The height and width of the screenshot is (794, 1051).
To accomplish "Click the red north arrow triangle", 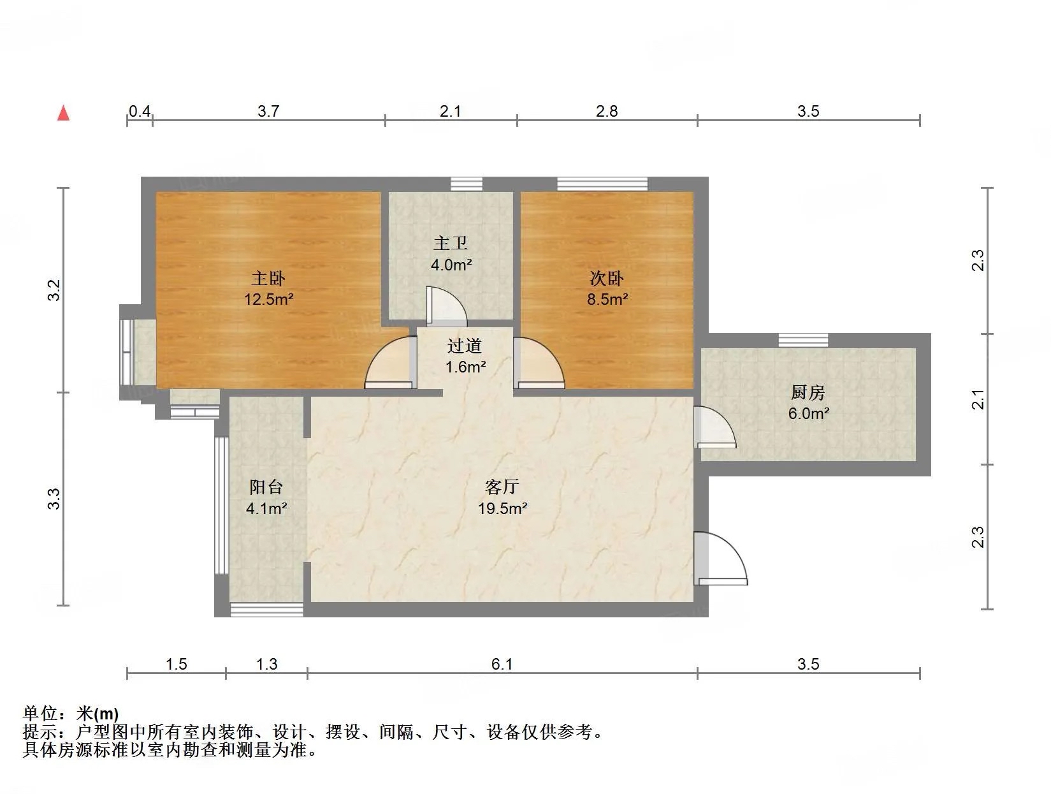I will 63,113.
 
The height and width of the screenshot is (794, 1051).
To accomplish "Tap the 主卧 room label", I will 268,278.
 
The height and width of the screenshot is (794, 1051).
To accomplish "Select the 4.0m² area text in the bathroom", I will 451,265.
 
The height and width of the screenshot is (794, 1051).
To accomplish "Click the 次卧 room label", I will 607,278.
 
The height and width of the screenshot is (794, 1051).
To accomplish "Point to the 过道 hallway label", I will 465,346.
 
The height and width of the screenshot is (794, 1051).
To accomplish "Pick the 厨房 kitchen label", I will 808,392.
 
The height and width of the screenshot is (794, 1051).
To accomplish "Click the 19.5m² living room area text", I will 503,508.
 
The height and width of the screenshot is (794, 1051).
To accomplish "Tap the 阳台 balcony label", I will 266,487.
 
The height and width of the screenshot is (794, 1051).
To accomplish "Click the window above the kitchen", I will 803,341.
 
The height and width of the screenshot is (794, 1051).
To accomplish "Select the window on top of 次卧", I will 602,184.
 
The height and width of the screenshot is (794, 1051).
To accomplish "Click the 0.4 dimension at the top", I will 140,112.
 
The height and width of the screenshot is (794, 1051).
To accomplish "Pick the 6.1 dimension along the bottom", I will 502,665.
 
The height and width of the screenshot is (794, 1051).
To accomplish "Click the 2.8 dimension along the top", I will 607,112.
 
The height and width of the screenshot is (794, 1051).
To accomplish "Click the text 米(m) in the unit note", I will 98,713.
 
